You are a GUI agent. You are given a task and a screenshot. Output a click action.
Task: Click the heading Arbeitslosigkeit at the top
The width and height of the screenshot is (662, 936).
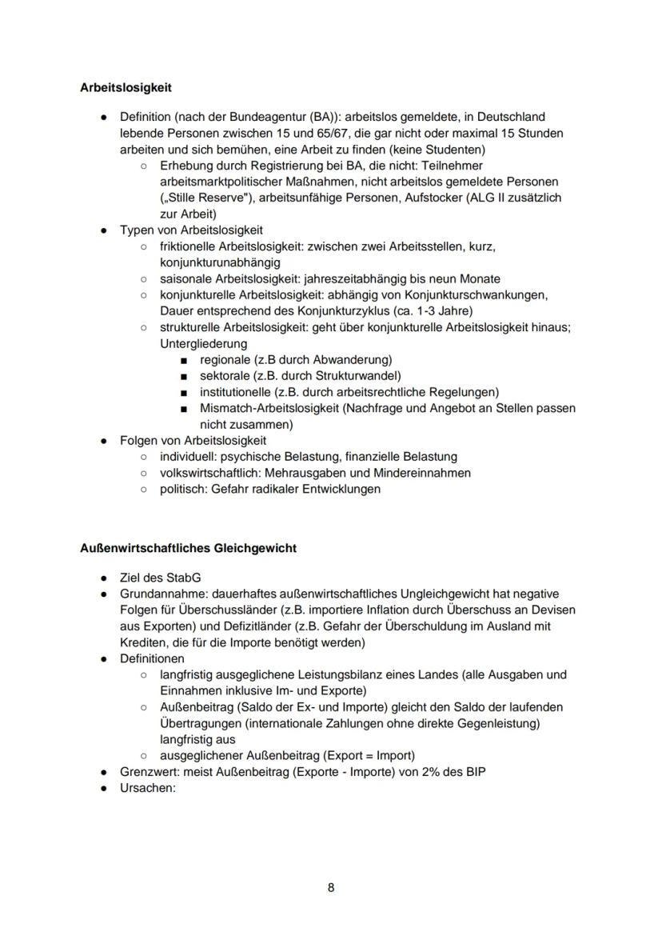126,87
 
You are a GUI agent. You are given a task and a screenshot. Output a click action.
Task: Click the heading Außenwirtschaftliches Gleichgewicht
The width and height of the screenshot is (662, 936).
188,548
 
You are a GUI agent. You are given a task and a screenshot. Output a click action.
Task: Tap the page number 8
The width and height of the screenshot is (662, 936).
331,888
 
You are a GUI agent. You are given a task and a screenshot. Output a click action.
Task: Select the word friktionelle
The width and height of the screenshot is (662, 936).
190,246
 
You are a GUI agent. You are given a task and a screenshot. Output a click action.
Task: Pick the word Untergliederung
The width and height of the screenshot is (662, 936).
203,344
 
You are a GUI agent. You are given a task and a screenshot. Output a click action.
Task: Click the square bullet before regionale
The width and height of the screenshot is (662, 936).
185,361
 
